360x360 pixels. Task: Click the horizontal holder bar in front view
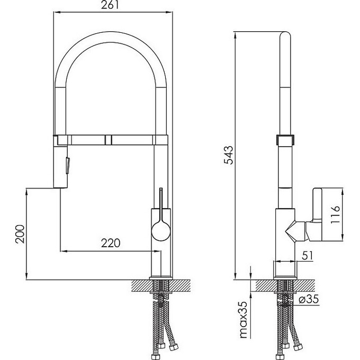(x=111, y=139)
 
